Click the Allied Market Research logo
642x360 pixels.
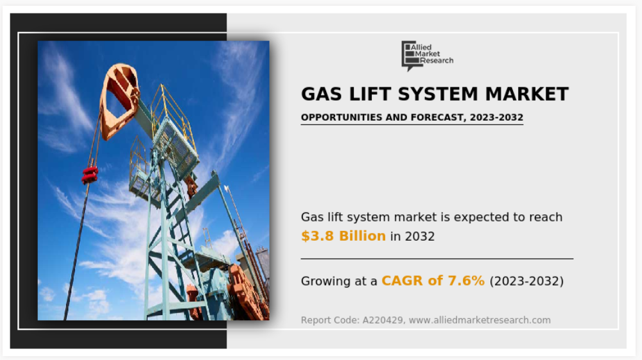(x=427, y=56)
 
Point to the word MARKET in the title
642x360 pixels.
(x=527, y=94)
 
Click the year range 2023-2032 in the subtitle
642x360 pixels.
(x=497, y=117)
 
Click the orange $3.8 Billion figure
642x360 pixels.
(x=343, y=236)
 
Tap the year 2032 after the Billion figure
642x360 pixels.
(x=420, y=236)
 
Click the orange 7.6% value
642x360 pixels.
(x=466, y=280)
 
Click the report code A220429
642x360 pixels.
(x=383, y=320)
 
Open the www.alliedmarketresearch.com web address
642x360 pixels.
(x=480, y=320)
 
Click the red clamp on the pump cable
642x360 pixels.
(x=90, y=175)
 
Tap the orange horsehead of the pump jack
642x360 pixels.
(x=119, y=100)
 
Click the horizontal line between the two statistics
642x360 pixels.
(x=437, y=259)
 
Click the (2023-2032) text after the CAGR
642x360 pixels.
(x=526, y=282)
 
